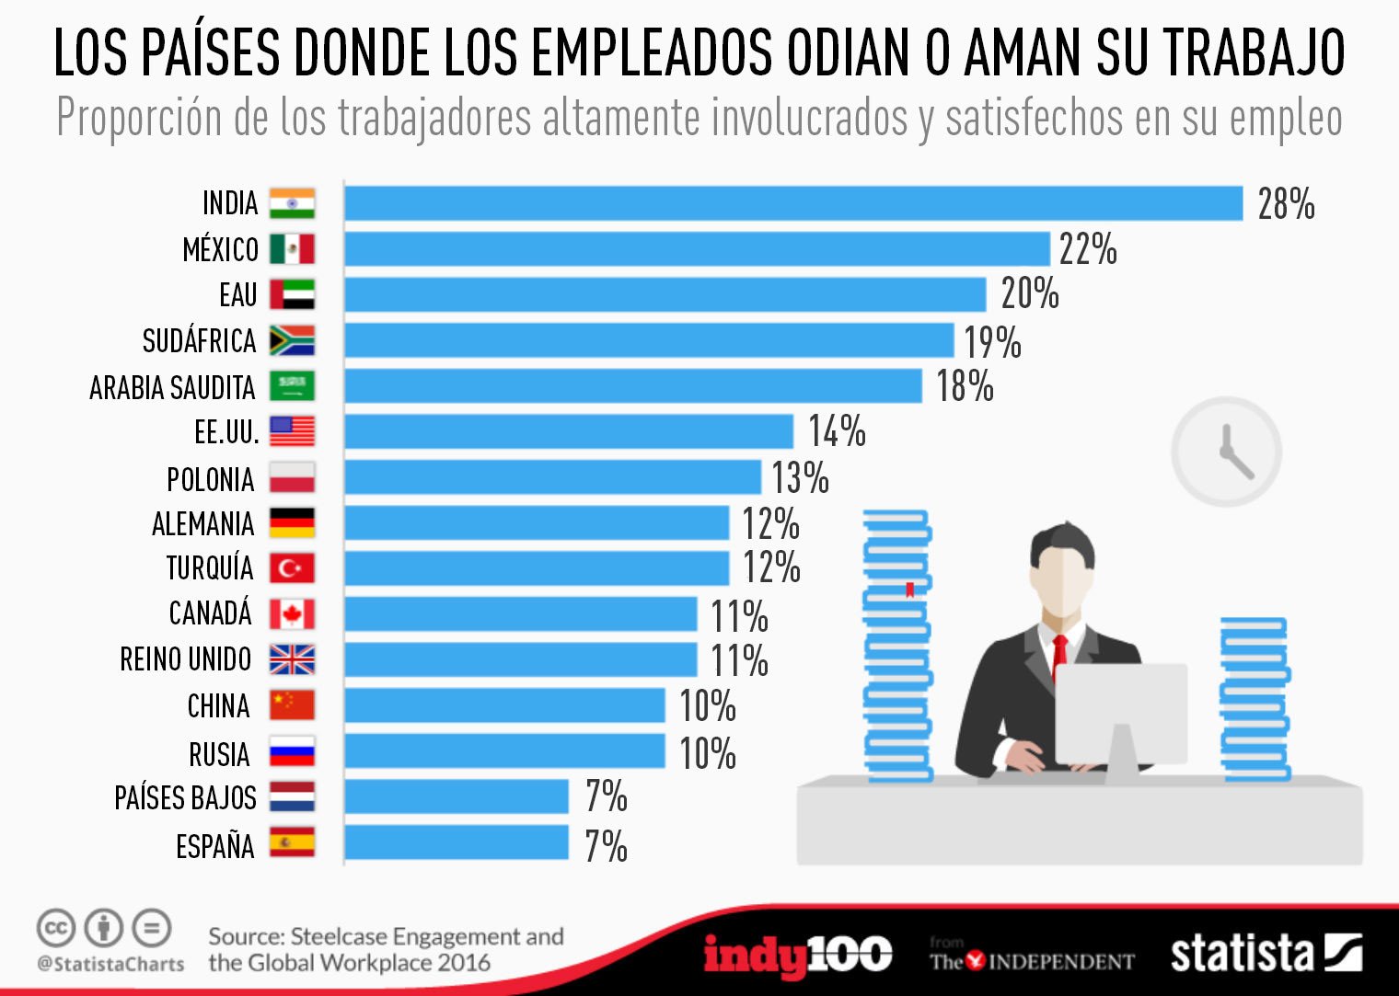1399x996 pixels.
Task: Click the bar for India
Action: pos(793,203)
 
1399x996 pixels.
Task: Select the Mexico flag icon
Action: pos(292,249)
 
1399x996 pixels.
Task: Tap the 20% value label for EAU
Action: pos(1030,294)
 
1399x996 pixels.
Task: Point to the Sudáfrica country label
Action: pos(199,341)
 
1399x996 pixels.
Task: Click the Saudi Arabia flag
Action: pos(292,386)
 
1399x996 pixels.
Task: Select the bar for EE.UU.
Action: pos(569,431)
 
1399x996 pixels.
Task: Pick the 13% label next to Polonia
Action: pos(800,478)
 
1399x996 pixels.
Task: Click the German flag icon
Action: pos(292,522)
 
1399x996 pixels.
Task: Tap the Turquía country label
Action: pos(209,568)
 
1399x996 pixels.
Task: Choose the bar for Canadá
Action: pos(521,614)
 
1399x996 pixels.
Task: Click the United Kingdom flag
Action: pos(292,659)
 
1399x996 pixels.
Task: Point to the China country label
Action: pos(218,706)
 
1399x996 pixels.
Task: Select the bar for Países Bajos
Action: pos(457,796)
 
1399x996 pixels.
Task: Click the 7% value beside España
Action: pos(606,846)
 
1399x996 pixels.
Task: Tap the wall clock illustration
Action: pos(1226,452)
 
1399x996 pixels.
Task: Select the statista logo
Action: pos(1266,954)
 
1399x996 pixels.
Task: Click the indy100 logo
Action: pos(797,956)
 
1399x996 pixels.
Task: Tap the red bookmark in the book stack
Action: pos(909,590)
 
